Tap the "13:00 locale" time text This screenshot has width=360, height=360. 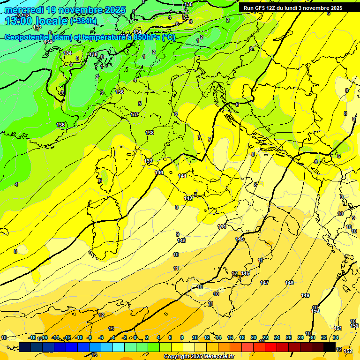tap(35, 21)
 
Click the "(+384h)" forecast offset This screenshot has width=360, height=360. tap(83, 21)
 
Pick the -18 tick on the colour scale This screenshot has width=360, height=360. tap(32, 338)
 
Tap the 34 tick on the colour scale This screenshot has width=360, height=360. tap(336, 338)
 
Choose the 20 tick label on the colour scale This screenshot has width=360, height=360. tap(254, 338)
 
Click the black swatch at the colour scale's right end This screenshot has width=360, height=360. tap(330, 347)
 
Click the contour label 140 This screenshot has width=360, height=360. tap(159, 172)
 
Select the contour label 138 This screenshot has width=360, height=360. tap(150, 133)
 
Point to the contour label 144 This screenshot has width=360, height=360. tap(222, 226)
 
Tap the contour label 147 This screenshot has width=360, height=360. tap(265, 283)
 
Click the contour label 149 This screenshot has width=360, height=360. tap(305, 295)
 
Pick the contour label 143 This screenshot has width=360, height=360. tap(181, 240)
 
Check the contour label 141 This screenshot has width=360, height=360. tap(182, 176)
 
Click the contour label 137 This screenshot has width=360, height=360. tap(135, 114)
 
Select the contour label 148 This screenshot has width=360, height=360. tap(289, 283)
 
